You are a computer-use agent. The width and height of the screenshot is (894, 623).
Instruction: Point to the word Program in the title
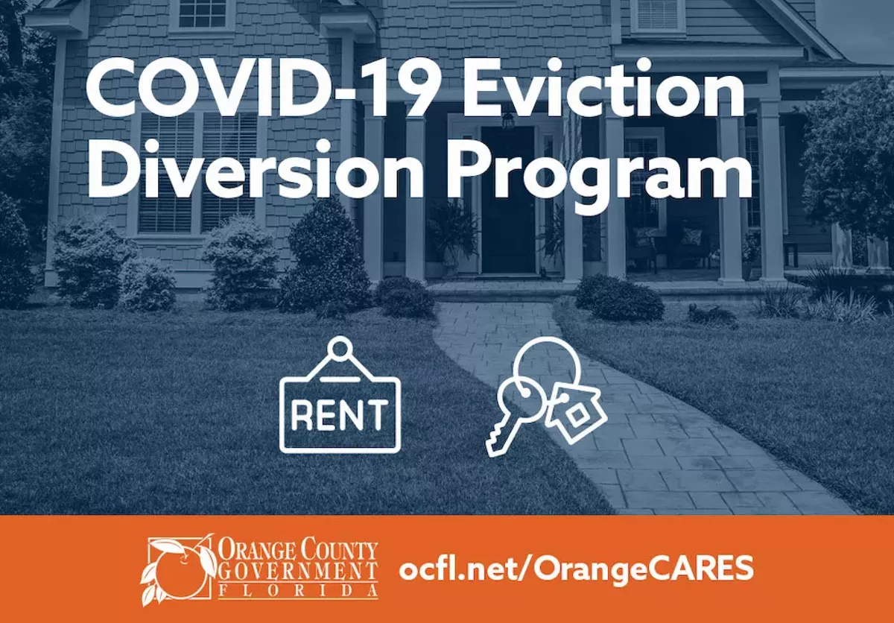pos(599,176)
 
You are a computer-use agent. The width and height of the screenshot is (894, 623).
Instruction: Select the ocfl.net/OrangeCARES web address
pos(576,569)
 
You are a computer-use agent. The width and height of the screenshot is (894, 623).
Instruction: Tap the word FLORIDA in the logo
pos(298,592)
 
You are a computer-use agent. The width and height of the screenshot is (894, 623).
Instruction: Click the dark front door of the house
pos(507,200)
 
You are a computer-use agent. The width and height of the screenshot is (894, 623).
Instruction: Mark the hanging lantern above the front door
pos(507,120)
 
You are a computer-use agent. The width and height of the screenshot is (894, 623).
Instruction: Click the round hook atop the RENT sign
pos(340,349)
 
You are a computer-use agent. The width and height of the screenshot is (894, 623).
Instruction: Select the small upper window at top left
pos(203,13)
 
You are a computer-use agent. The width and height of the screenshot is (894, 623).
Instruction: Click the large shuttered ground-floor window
pos(197,172)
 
